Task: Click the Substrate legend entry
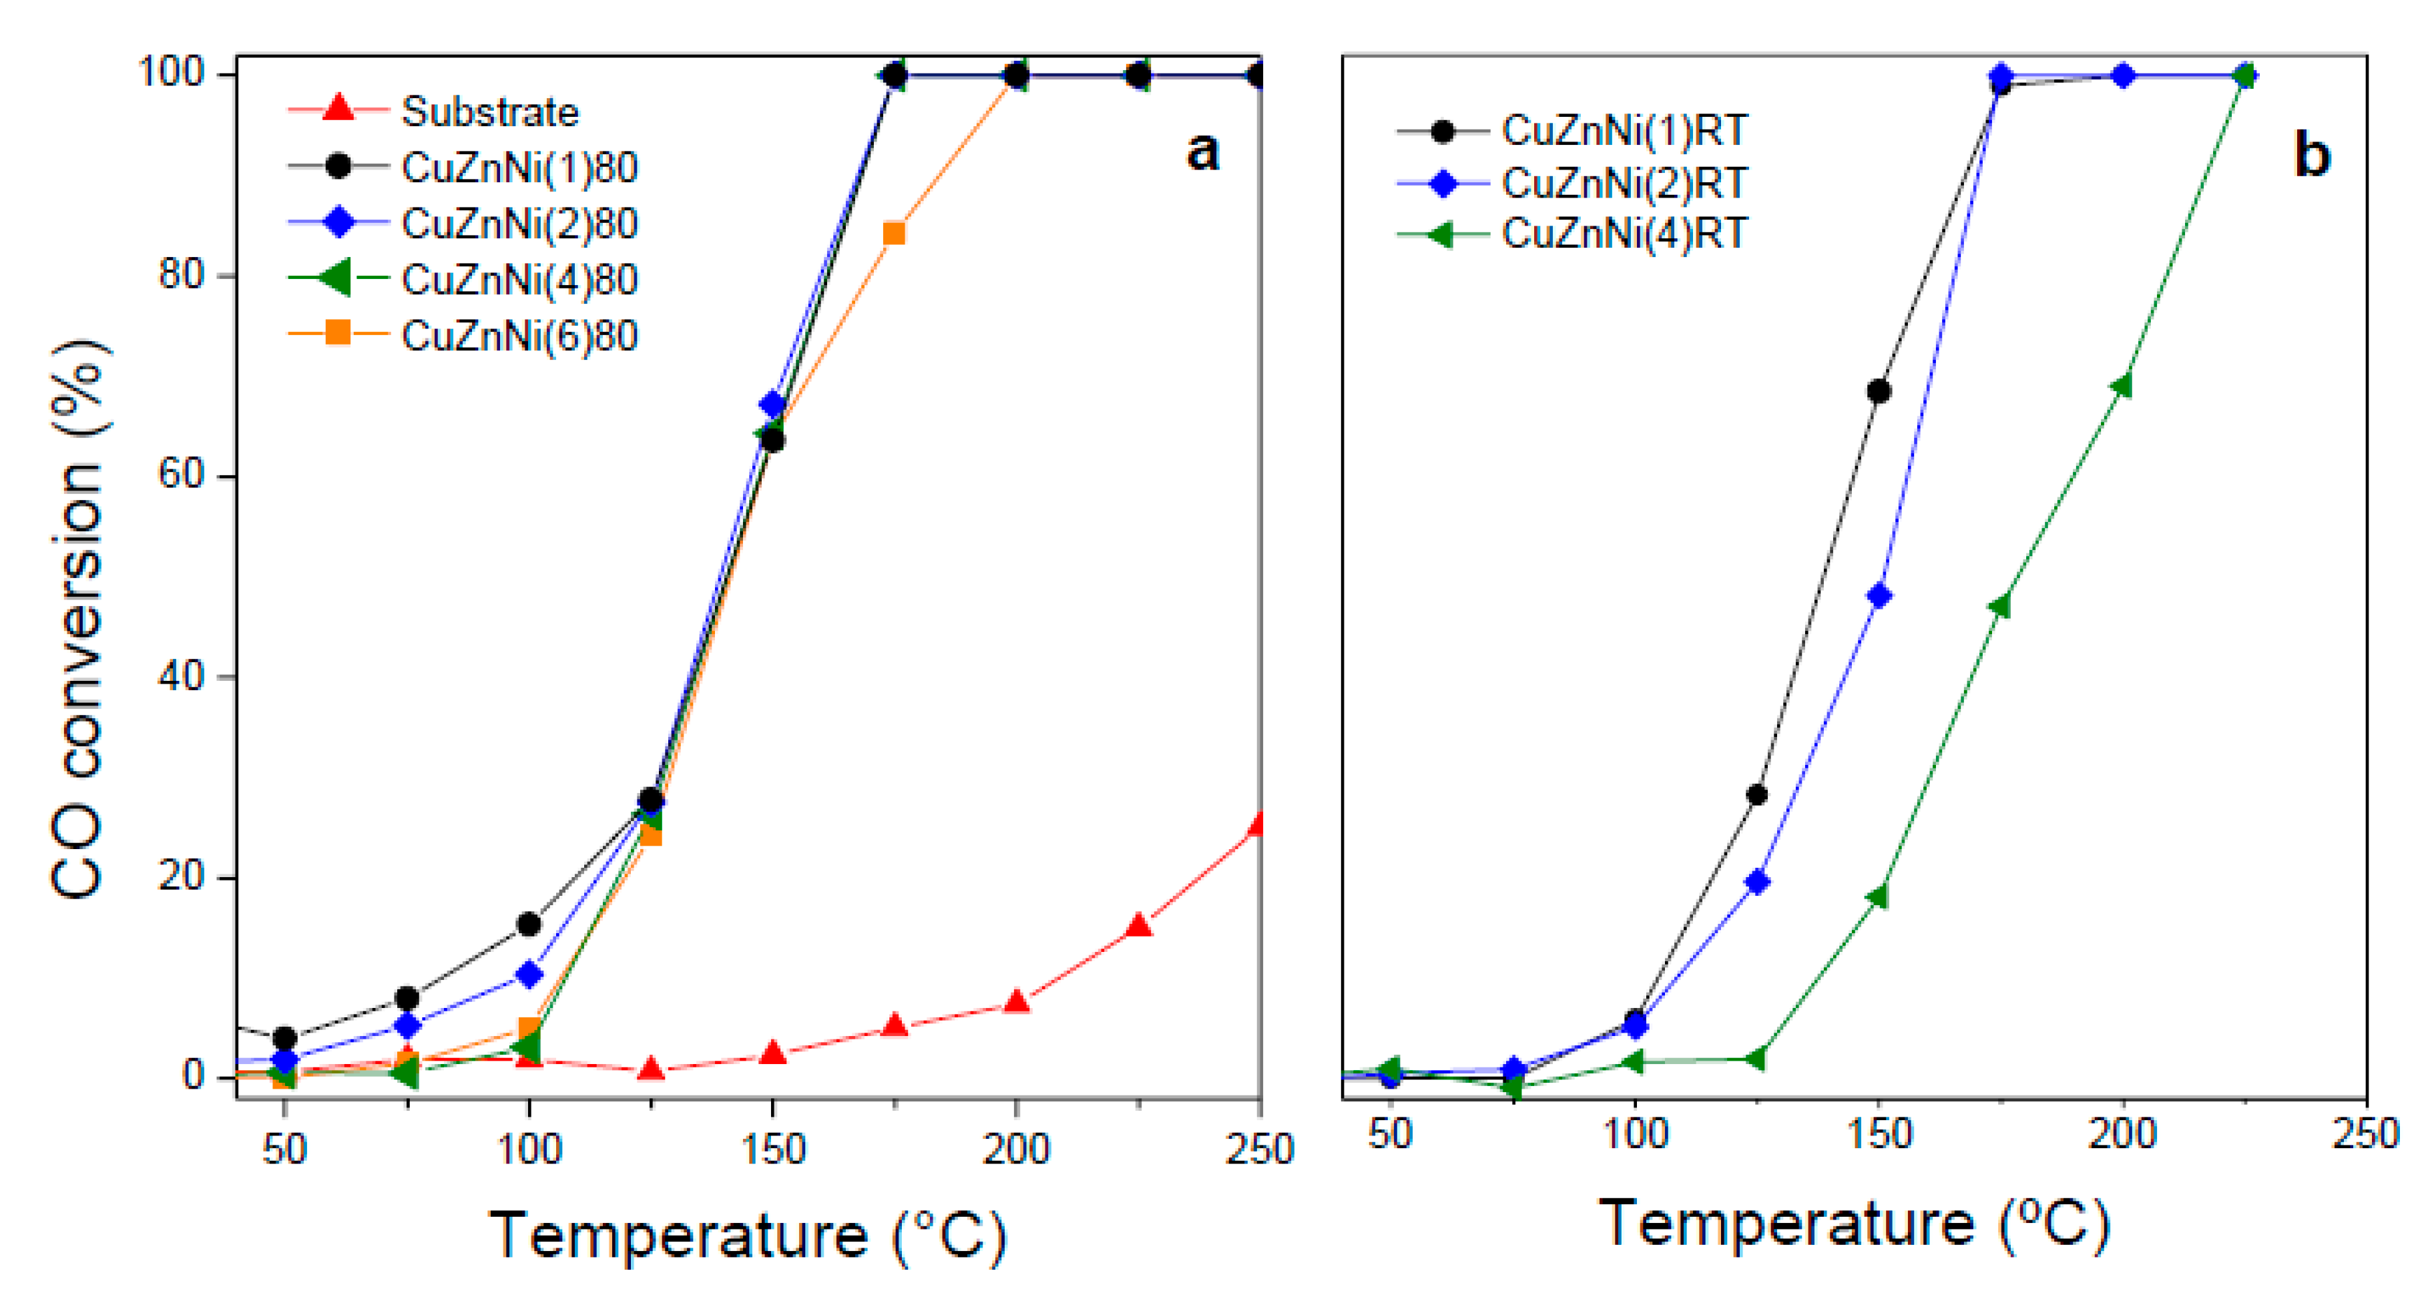(x=489, y=112)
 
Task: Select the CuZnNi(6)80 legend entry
(x=519, y=336)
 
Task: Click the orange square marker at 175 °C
(x=894, y=234)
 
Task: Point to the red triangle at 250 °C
(x=1257, y=825)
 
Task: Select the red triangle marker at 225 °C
(x=1139, y=926)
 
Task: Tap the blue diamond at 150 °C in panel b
(x=1878, y=595)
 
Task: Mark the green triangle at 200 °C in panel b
(x=2121, y=386)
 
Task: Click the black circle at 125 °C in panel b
(x=1756, y=795)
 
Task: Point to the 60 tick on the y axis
(x=182, y=475)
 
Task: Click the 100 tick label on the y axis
(x=172, y=73)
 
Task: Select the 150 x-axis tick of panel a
(x=772, y=1150)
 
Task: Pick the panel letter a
(x=1202, y=152)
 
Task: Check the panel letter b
(x=2311, y=156)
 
